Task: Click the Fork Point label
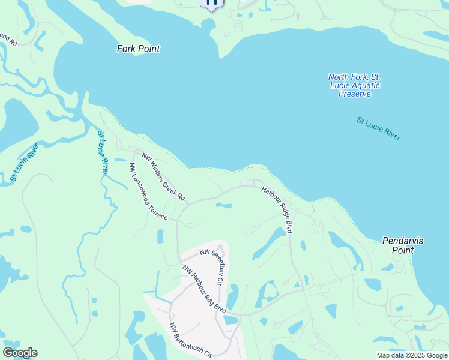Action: pos(138,49)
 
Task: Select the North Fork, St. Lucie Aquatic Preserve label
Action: pos(354,85)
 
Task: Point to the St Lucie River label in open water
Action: pos(378,129)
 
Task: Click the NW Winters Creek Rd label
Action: pos(163,176)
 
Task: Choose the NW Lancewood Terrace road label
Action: pos(148,191)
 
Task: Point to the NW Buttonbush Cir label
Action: pos(191,340)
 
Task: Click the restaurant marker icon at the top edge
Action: pos(211,3)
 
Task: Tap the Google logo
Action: pos(20,353)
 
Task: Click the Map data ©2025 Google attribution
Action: pos(412,355)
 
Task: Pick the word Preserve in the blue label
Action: pos(354,94)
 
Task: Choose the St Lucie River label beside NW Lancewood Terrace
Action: pos(103,153)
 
